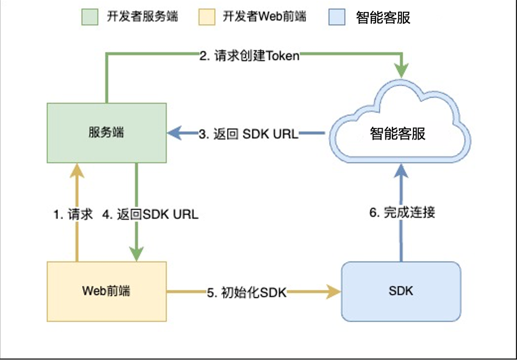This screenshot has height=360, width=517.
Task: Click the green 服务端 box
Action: tap(107, 133)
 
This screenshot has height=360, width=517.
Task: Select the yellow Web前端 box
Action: tap(107, 291)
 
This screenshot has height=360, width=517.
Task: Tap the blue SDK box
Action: tap(401, 291)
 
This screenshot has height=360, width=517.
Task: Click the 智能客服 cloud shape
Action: tap(398, 133)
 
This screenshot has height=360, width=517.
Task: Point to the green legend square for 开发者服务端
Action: tap(89, 17)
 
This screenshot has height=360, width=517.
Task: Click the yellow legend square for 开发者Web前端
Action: tap(206, 17)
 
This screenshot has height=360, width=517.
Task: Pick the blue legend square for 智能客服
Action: tap(337, 17)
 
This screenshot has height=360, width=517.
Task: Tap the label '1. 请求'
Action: tap(73, 214)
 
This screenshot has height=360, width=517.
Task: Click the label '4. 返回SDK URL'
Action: tap(151, 214)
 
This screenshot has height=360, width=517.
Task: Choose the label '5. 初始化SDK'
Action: tap(247, 292)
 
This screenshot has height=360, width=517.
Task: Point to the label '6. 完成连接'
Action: tap(402, 212)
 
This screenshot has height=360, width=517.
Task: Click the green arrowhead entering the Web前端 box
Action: tap(136, 255)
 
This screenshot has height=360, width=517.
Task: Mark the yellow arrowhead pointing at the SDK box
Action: tap(334, 291)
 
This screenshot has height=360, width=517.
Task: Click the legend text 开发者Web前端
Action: tap(265, 17)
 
